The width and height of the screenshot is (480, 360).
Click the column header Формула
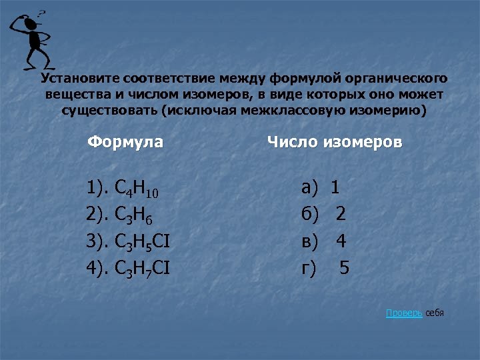(x=125, y=142)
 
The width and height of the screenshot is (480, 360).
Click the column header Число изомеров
(x=334, y=142)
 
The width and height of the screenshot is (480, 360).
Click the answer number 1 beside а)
(x=335, y=189)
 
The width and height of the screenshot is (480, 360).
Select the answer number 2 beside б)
(x=341, y=215)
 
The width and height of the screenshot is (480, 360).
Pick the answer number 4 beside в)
(x=341, y=241)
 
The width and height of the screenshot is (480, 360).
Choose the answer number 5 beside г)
(x=344, y=268)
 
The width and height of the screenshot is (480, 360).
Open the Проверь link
(x=403, y=313)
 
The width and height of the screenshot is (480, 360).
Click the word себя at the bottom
(x=434, y=313)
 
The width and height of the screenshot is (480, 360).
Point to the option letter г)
(x=308, y=269)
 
